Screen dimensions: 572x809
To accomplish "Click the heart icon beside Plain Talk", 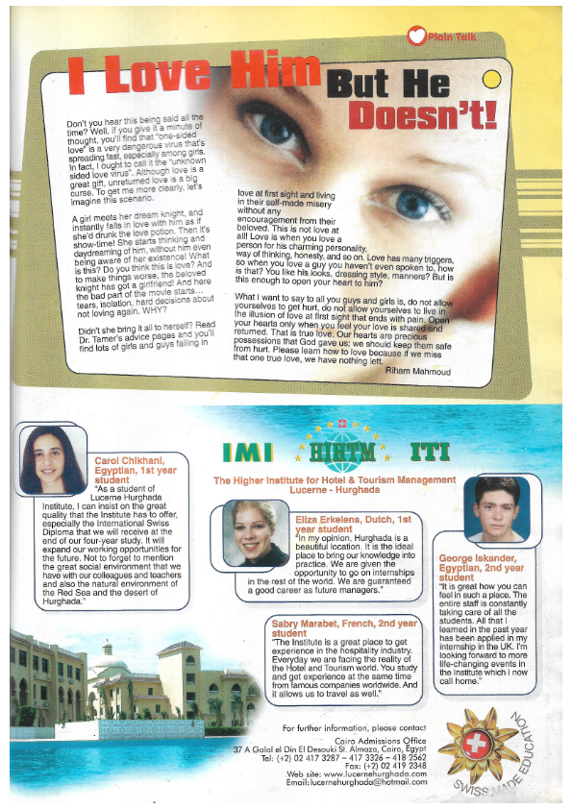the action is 415,36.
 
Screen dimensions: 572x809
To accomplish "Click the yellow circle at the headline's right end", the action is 490,79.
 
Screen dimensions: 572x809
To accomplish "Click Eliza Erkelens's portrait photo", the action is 255,533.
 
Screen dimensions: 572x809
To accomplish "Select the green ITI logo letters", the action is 429,452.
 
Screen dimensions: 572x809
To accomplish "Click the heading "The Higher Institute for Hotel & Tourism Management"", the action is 335,479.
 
